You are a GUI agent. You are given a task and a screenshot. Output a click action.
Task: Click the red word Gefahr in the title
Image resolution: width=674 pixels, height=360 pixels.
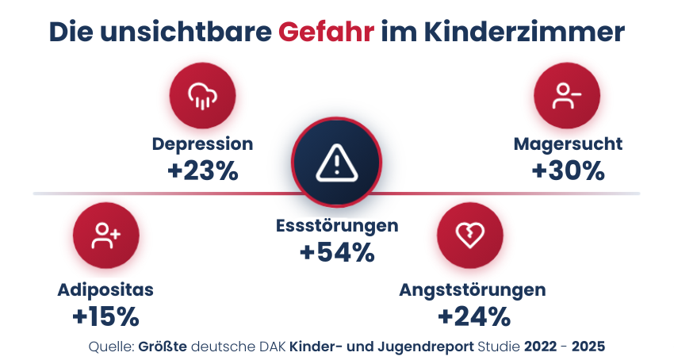(x=326, y=33)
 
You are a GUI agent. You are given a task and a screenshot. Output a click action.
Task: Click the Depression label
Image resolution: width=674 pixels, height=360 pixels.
(x=202, y=144)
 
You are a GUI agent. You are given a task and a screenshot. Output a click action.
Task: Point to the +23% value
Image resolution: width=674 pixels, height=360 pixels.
(x=202, y=170)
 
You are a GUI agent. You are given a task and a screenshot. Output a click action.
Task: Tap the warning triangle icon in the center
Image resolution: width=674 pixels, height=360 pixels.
(x=337, y=163)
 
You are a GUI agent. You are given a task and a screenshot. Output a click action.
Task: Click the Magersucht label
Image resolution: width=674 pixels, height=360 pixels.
(x=568, y=144)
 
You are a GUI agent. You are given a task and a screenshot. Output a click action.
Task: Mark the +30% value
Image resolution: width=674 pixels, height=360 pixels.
(x=568, y=170)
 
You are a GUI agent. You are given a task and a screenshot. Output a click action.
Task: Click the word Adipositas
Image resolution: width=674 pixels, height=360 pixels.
(x=105, y=289)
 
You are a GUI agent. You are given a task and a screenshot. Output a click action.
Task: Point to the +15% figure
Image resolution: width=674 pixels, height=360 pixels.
(x=105, y=316)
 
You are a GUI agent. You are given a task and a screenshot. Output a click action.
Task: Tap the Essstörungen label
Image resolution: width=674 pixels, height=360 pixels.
(x=337, y=225)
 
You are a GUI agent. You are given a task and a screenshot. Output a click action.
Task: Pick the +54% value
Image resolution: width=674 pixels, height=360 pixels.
(x=337, y=252)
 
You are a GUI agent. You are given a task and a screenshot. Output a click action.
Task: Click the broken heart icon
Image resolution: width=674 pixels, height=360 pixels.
(x=472, y=234)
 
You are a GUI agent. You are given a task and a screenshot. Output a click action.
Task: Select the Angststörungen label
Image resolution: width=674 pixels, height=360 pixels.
(x=473, y=289)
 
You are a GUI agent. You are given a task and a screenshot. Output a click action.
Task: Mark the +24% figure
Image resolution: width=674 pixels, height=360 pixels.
(x=473, y=316)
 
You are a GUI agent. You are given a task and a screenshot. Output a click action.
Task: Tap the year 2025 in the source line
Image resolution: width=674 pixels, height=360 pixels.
(x=588, y=347)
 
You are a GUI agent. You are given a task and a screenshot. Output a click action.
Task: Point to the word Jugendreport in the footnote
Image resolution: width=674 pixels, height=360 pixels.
(x=435, y=347)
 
